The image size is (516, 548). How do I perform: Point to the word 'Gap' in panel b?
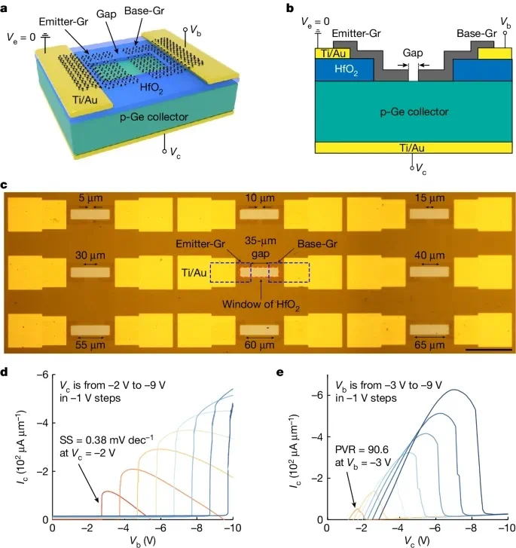coord(412,53)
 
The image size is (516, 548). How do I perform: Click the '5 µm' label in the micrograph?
coord(90,198)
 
